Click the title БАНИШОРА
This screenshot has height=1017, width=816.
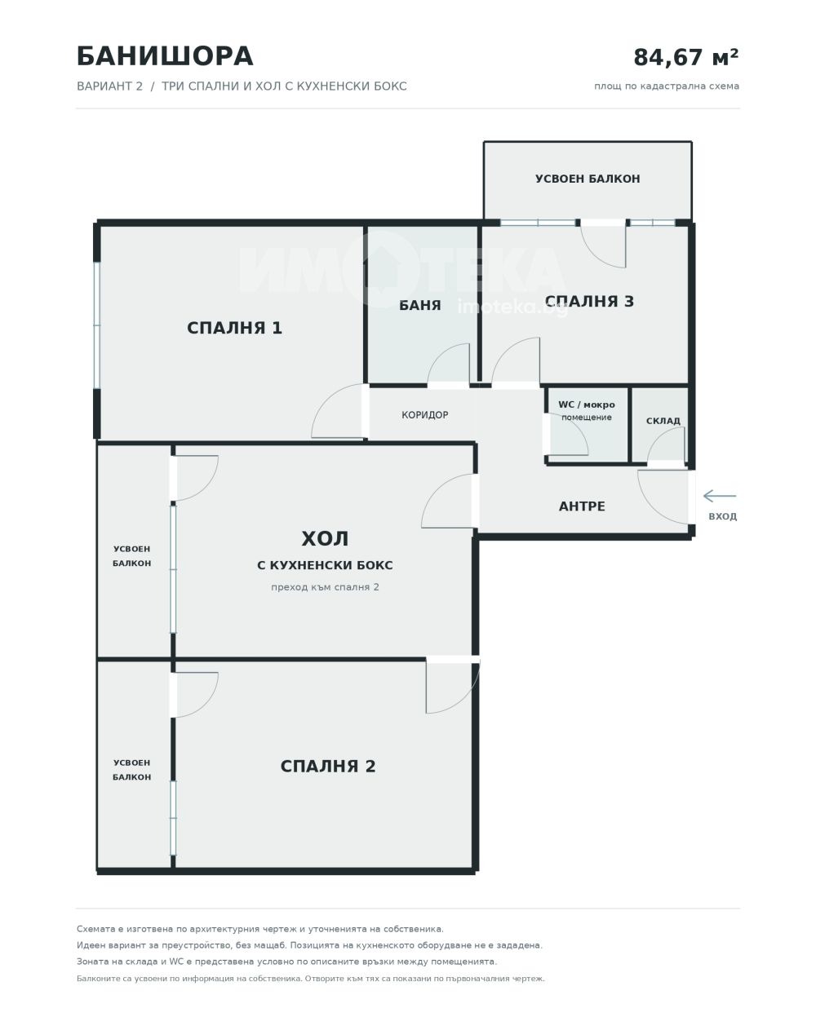point(165,56)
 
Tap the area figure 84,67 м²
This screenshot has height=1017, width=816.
point(685,57)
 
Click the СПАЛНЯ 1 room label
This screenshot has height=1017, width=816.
point(234,328)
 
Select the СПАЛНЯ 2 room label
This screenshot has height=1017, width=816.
point(328,766)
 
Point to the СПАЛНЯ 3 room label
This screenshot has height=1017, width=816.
point(589,301)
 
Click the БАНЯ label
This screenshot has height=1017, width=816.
point(419,305)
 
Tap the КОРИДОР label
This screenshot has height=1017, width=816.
point(424,415)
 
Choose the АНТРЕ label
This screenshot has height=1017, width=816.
point(582,506)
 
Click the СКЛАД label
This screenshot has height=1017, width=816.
point(663,421)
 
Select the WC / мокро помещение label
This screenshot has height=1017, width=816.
point(586,411)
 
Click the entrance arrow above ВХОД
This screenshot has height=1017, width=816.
point(720,496)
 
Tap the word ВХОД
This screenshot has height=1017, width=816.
point(722,516)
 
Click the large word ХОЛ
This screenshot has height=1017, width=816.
point(325,539)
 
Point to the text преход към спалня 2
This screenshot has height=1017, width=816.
point(325,587)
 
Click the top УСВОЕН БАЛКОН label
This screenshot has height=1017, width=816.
point(588,179)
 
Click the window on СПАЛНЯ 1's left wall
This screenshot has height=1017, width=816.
point(96,325)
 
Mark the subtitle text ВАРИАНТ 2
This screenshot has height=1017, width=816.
point(109,86)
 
